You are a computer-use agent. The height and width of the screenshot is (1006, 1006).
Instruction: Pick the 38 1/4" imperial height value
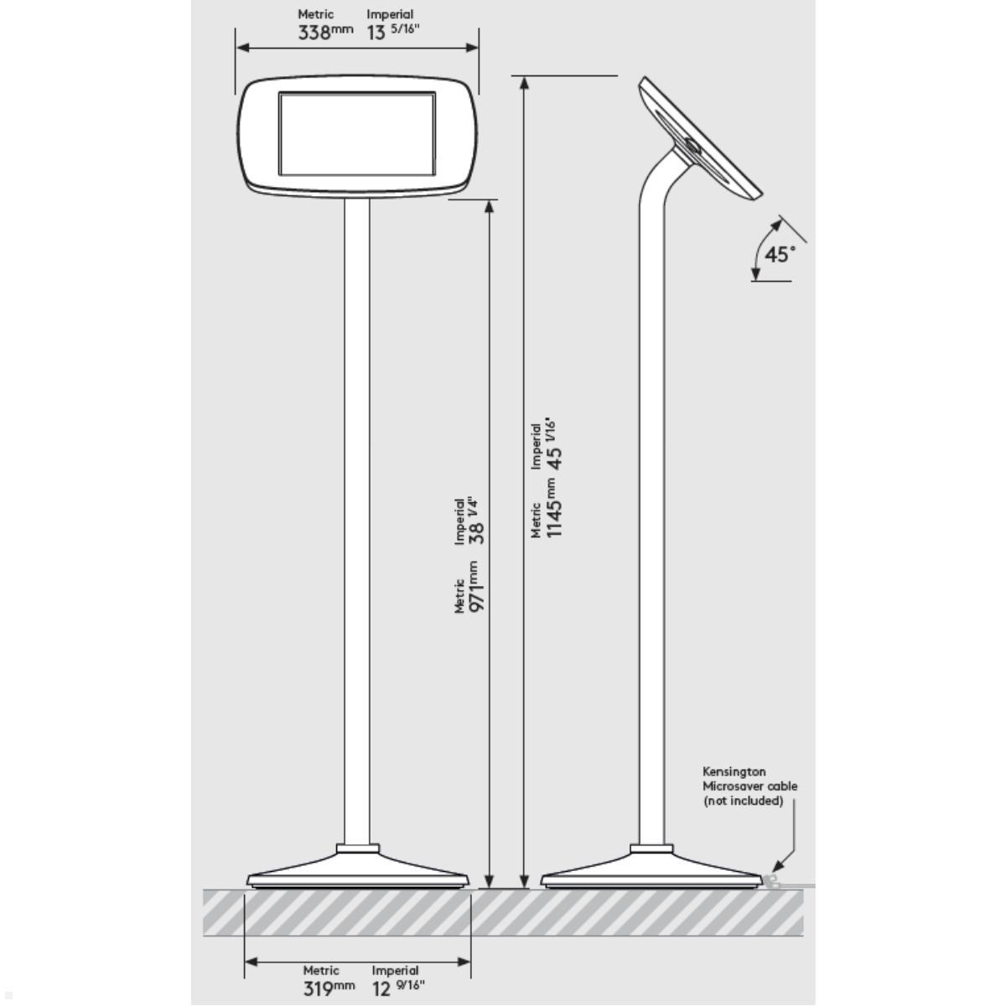pyautogui.click(x=476, y=523)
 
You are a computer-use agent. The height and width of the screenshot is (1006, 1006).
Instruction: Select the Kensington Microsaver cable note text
pyautogui.click(x=749, y=786)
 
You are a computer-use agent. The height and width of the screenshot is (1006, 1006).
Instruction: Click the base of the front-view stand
pyautogui.click(x=358, y=872)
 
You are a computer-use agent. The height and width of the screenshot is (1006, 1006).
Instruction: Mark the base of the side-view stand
pyautogui.click(x=651, y=872)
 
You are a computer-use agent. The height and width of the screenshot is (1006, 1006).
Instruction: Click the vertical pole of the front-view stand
pyautogui.click(x=358, y=520)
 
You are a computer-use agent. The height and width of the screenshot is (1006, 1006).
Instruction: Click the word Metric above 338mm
pyautogui.click(x=316, y=14)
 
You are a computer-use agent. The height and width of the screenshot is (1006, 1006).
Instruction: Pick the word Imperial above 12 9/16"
pyautogui.click(x=395, y=971)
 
